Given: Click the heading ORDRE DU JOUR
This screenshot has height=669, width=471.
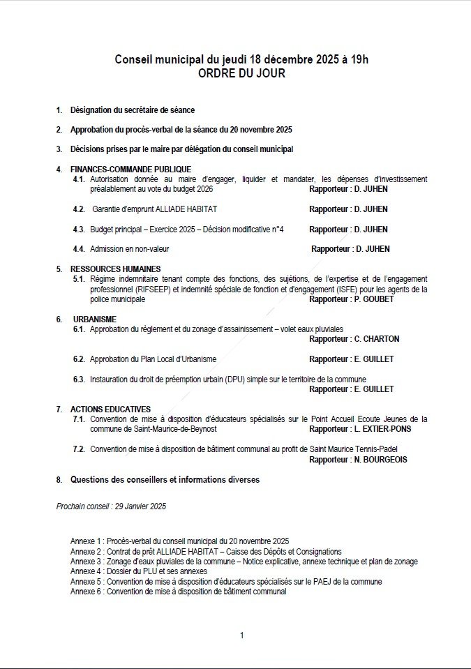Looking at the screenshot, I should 241,73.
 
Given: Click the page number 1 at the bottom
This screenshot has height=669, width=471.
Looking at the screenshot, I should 241,635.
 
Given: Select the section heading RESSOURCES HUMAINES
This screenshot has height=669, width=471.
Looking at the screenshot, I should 115,269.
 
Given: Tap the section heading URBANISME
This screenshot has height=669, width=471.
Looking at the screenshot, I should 95,319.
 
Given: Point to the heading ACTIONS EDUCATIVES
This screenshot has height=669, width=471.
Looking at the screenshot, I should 110,409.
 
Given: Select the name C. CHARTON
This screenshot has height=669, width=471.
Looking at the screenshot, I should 377,339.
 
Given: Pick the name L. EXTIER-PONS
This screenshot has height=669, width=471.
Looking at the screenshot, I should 382,429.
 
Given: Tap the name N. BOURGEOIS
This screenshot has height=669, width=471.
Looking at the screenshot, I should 381,460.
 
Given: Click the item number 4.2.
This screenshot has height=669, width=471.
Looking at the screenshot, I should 79,209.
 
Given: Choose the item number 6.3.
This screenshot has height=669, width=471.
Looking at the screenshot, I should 79,379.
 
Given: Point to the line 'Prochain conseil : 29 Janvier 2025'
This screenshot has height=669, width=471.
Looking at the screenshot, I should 111,506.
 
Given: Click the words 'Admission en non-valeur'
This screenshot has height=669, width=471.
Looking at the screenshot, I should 129,249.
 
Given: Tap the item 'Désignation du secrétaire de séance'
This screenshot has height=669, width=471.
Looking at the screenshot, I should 132,110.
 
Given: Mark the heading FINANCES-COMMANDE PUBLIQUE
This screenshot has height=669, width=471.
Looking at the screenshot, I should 130,169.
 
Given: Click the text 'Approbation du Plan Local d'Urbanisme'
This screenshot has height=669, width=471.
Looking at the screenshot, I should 153,359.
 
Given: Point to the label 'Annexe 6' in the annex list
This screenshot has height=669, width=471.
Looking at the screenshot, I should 86,592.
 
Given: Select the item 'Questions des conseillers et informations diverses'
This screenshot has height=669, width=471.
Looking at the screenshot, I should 164,480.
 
